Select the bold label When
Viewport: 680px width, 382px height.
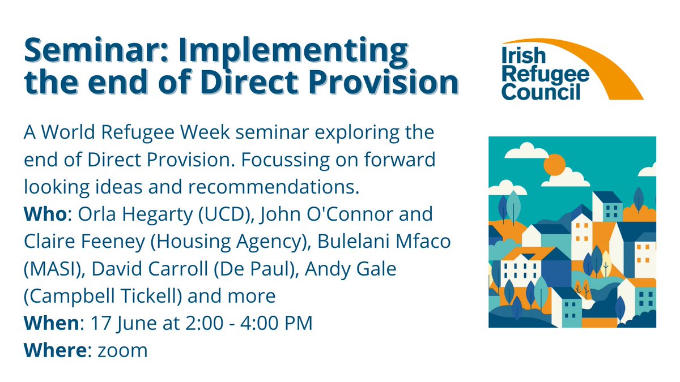tap(50, 323)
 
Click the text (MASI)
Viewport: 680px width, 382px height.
tap(50, 269)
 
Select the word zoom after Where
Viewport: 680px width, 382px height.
tap(122, 350)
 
